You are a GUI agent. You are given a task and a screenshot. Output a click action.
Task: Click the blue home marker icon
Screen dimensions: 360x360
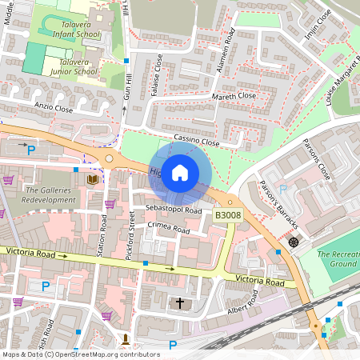180,172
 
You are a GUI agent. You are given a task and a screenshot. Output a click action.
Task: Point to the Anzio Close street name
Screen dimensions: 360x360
54,106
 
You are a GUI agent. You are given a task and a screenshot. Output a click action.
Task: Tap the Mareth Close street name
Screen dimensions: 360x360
234,95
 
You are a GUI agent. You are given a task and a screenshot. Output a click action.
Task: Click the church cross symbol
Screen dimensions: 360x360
179,303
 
